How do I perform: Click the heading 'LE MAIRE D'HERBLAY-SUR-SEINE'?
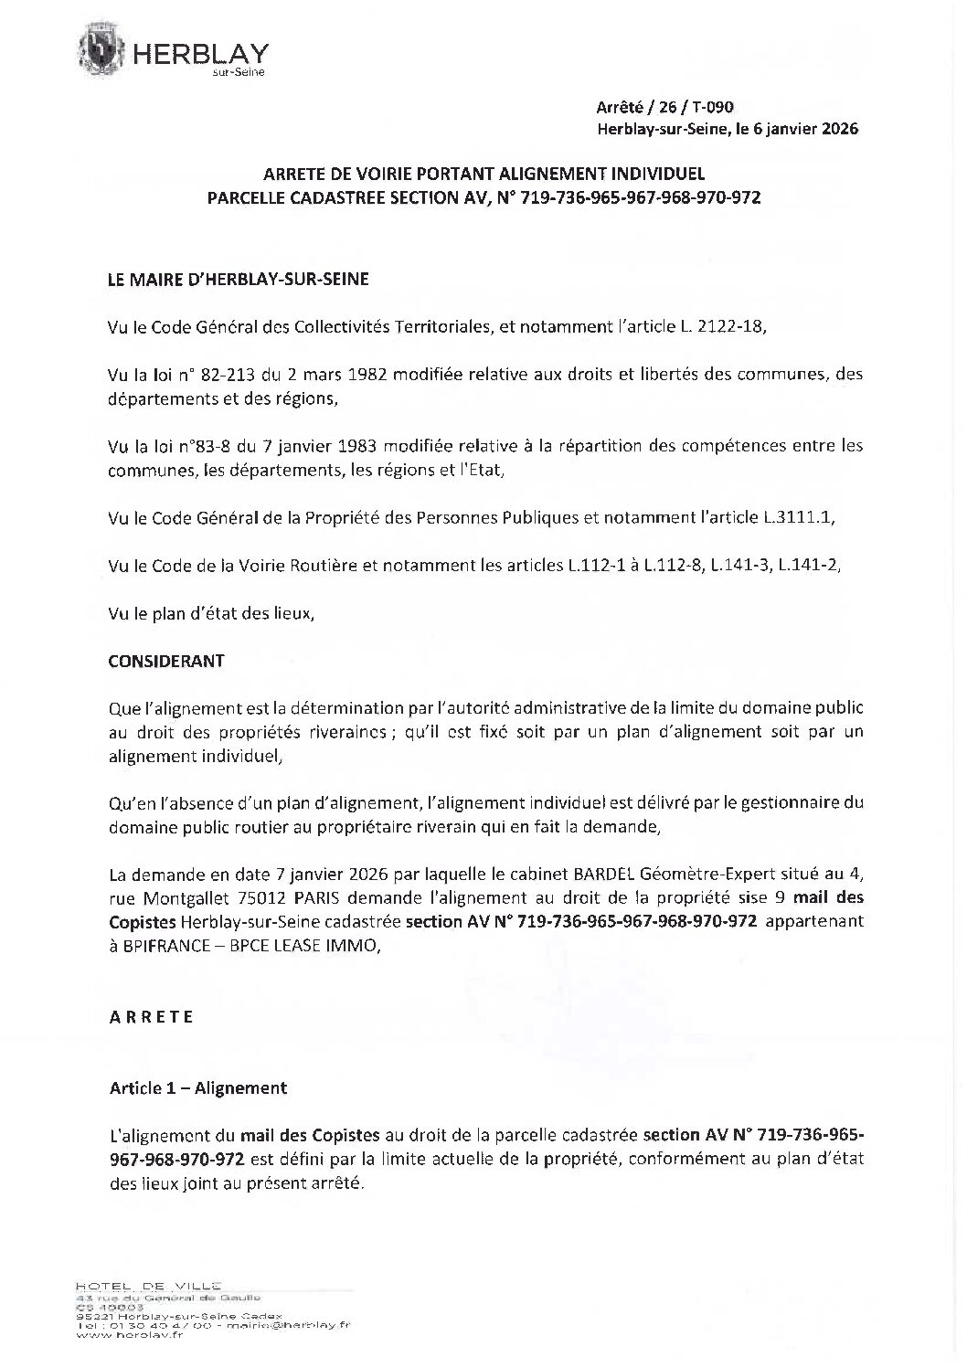tap(239, 280)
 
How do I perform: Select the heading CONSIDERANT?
tap(166, 661)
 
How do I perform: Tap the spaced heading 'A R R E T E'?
tap(152, 1017)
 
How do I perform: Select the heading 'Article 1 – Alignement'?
tap(198, 1087)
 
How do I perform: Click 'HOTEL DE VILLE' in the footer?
tap(150, 1286)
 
